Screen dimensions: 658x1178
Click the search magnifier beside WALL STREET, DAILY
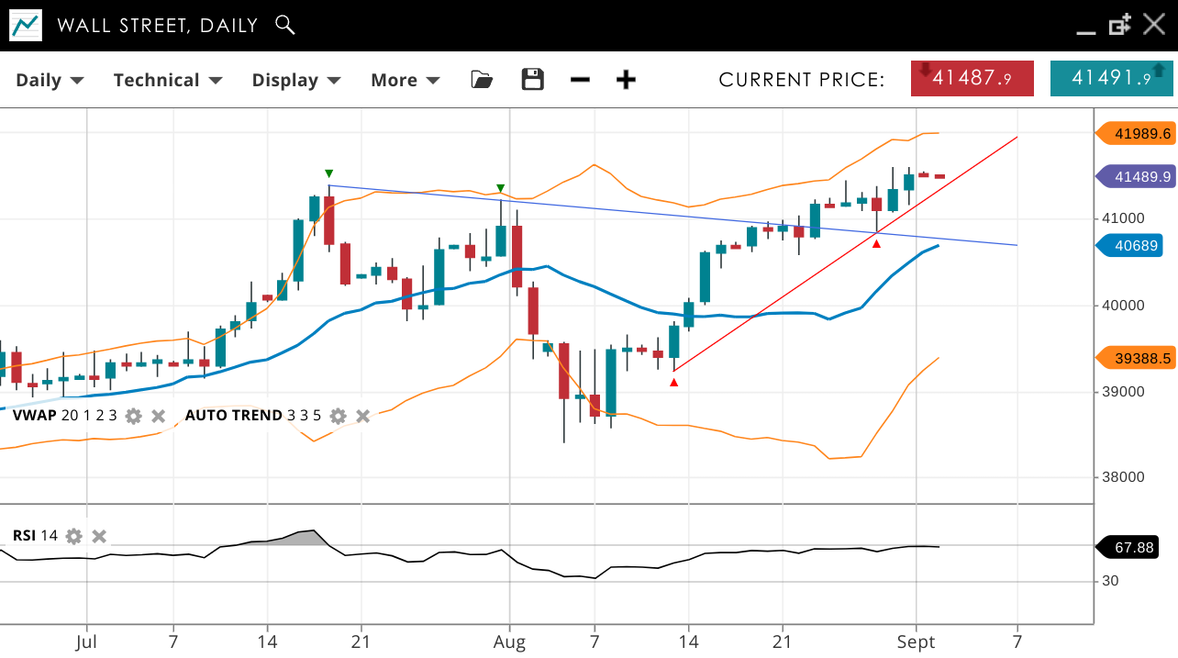[285, 25]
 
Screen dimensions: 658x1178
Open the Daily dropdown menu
[50, 80]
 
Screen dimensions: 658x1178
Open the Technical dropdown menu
[168, 80]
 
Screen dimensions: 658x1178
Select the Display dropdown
[296, 80]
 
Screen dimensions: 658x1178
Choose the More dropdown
[405, 80]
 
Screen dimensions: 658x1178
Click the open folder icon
[482, 80]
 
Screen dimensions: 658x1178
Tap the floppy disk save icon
[532, 80]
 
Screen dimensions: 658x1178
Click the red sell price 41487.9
[972, 78]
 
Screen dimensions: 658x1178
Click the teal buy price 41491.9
[1111, 78]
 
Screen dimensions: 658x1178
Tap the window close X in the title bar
[1153, 25]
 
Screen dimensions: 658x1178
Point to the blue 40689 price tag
[1136, 246]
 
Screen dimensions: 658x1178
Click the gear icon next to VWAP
[134, 416]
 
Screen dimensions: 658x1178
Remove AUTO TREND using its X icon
[363, 416]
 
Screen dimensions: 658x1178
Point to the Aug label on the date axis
[509, 641]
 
